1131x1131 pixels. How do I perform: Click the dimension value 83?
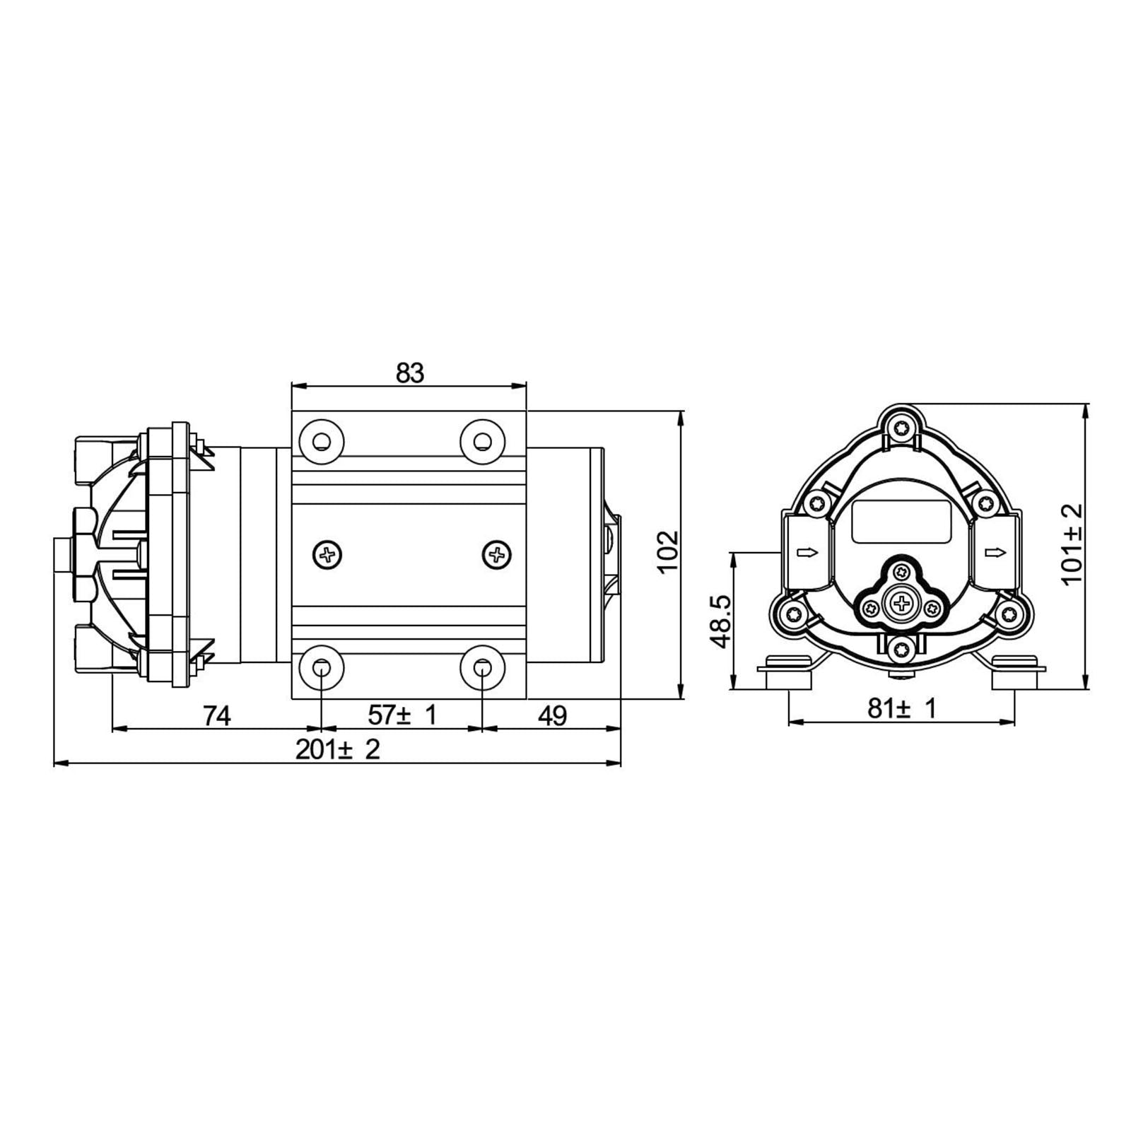click(x=409, y=373)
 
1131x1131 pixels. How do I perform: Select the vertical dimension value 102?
click(x=667, y=551)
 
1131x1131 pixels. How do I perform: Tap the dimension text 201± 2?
click(x=337, y=749)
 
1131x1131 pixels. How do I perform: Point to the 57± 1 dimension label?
click(x=402, y=715)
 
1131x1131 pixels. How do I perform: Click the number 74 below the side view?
click(x=217, y=716)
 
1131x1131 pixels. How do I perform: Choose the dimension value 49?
click(x=552, y=716)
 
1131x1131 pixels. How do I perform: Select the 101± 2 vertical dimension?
click(x=1072, y=543)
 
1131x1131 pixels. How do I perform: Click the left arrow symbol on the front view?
click(x=806, y=552)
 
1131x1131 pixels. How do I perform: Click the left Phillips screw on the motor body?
click(x=328, y=555)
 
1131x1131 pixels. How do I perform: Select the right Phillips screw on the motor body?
click(x=497, y=555)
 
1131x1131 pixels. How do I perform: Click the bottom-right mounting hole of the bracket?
click(x=482, y=667)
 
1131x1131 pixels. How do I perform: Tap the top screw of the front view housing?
click(x=901, y=428)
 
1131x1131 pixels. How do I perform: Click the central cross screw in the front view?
click(x=901, y=603)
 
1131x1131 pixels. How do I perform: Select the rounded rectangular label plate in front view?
click(x=901, y=521)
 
